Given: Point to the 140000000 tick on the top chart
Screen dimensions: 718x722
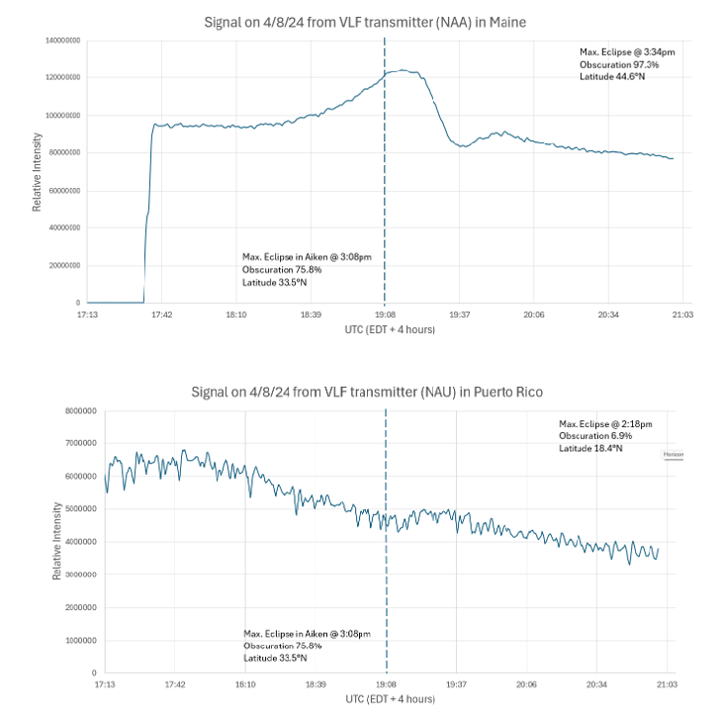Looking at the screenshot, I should (61, 41).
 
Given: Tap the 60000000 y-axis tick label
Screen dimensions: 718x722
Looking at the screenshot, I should (63, 191).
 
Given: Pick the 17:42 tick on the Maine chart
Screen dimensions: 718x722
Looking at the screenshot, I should (161, 314).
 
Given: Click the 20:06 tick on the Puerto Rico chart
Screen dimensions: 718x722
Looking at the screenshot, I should (526, 683).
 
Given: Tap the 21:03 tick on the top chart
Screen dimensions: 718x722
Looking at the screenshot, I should (681, 314).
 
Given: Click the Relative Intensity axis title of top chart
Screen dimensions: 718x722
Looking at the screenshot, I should (37, 171).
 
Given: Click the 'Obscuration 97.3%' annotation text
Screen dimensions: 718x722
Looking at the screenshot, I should (619, 64).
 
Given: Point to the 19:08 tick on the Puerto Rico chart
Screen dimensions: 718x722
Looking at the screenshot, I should (386, 683).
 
